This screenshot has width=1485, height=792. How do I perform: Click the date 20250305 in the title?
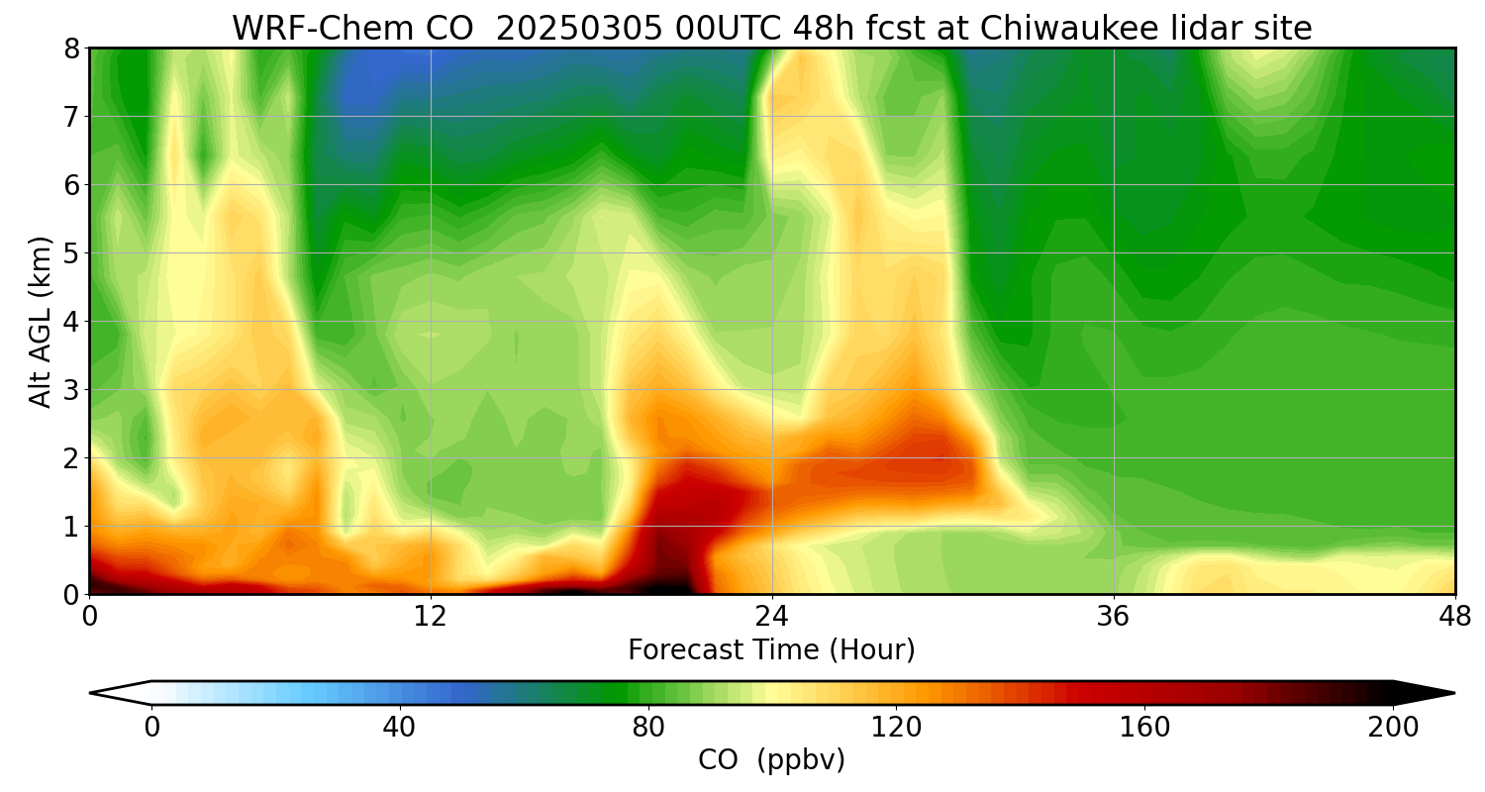(x=558, y=29)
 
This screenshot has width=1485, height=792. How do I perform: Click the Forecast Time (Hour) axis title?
(x=771, y=650)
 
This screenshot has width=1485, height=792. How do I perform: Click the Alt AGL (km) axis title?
(x=40, y=322)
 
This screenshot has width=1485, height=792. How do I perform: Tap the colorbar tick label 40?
(x=399, y=728)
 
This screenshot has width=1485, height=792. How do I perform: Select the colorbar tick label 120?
(x=896, y=728)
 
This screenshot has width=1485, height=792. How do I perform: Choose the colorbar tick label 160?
(x=1145, y=728)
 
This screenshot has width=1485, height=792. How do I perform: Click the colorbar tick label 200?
(x=1393, y=728)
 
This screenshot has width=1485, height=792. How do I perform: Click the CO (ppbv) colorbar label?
(x=771, y=760)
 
